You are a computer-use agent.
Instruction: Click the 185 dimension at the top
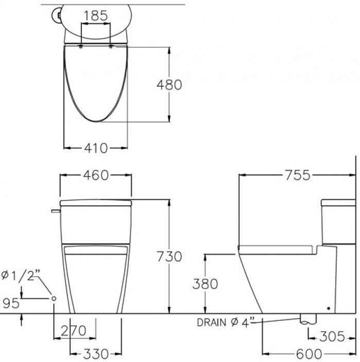pyautogui.click(x=96, y=15)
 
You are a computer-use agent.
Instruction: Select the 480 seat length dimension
pyautogui.click(x=169, y=84)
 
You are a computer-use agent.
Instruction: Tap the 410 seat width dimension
pyautogui.click(x=96, y=148)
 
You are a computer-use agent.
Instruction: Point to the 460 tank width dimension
pyautogui.click(x=96, y=175)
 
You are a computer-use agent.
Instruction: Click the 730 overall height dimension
pyautogui.click(x=169, y=256)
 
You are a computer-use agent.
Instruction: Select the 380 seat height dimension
pyautogui.click(x=205, y=284)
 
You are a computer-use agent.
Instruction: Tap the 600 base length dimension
pyautogui.click(x=309, y=354)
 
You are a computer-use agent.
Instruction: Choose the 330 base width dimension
pyautogui.click(x=96, y=354)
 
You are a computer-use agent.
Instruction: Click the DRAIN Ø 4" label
pyautogui.click(x=226, y=322)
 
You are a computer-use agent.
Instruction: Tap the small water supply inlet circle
pyautogui.click(x=54, y=299)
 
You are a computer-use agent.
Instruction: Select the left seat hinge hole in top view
pyautogui.click(x=82, y=47)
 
